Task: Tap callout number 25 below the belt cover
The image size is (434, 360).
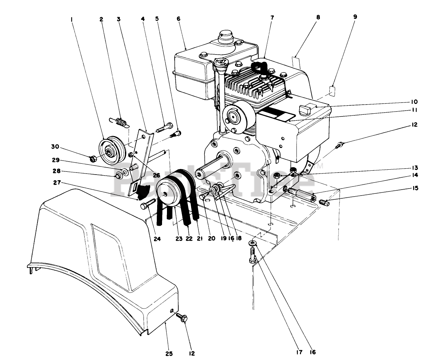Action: pos(169,353)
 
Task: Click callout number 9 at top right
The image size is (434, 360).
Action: pos(355,16)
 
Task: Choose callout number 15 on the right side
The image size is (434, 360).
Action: pos(415,188)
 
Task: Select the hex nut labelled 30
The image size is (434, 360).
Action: pos(93,159)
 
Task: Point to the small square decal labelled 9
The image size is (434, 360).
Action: pos(333,91)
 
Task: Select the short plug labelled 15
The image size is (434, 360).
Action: pos(324,202)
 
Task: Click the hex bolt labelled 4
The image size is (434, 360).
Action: pos(164,127)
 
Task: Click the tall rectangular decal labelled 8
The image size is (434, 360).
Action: pos(296,63)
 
